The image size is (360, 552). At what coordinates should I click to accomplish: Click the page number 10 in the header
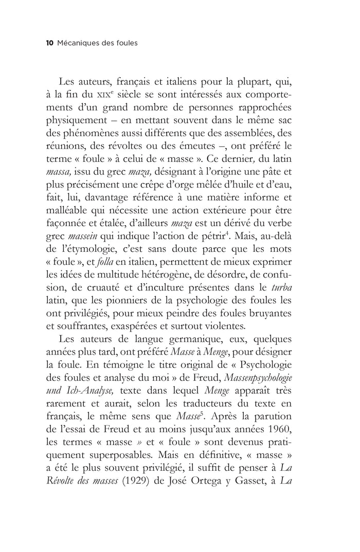point(50,43)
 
